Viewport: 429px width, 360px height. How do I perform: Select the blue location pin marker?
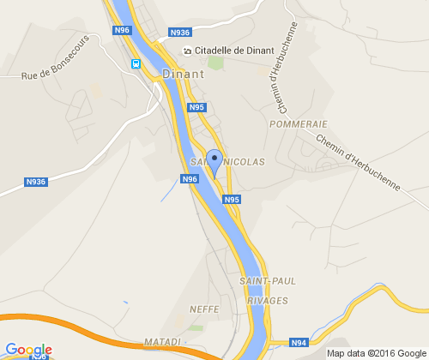(x=214, y=159)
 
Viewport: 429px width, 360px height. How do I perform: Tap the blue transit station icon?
(x=136, y=63)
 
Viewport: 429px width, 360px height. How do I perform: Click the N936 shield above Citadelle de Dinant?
(x=180, y=33)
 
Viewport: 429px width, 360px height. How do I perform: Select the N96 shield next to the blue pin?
(x=190, y=178)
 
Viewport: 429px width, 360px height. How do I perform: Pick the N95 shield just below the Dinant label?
(x=197, y=107)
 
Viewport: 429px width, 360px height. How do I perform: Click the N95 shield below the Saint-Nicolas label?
(x=232, y=200)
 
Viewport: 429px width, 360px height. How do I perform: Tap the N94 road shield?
(x=299, y=343)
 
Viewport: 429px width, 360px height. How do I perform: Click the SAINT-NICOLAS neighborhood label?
(x=227, y=161)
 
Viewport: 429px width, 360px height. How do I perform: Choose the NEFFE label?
(x=206, y=308)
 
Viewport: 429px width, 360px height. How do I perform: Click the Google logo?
(x=27, y=350)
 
